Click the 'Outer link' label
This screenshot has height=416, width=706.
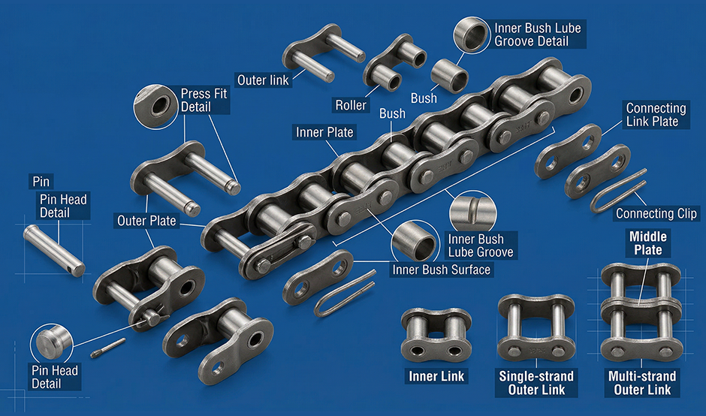click(x=262, y=79)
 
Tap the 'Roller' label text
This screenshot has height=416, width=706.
click(x=350, y=104)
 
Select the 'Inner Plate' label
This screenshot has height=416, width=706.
click(x=324, y=132)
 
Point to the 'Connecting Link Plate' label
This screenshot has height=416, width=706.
click(x=656, y=115)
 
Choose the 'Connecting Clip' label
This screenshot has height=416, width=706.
click(x=656, y=214)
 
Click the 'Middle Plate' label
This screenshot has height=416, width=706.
click(x=647, y=243)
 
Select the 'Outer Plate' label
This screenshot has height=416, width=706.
click(x=146, y=221)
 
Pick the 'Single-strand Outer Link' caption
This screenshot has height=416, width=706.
click(x=536, y=383)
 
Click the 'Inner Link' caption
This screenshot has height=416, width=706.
click(x=436, y=376)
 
